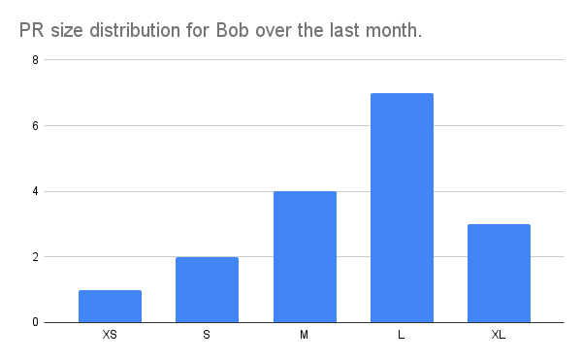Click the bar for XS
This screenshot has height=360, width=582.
tap(110, 307)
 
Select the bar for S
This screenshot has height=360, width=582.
tap(207, 290)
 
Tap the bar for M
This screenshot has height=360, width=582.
tap(305, 257)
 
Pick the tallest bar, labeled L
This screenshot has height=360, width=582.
tap(402, 208)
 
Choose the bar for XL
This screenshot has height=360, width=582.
tap(499, 274)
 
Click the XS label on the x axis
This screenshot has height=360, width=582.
tap(110, 336)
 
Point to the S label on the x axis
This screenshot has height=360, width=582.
tap(207, 336)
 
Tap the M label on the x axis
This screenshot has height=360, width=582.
tap(305, 336)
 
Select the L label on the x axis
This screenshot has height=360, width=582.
tap(402, 336)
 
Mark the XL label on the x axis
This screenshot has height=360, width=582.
tap(499, 336)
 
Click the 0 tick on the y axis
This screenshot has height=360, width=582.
tap(37, 322)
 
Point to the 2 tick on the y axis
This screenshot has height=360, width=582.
tap(37, 257)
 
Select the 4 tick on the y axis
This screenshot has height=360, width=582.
tap(37, 191)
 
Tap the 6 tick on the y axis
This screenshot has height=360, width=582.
tap(37, 126)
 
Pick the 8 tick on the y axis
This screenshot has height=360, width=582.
tap(37, 60)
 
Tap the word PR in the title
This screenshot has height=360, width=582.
tap(31, 31)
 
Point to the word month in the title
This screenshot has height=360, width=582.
tap(393, 31)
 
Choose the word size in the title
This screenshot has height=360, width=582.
tap(68, 31)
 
